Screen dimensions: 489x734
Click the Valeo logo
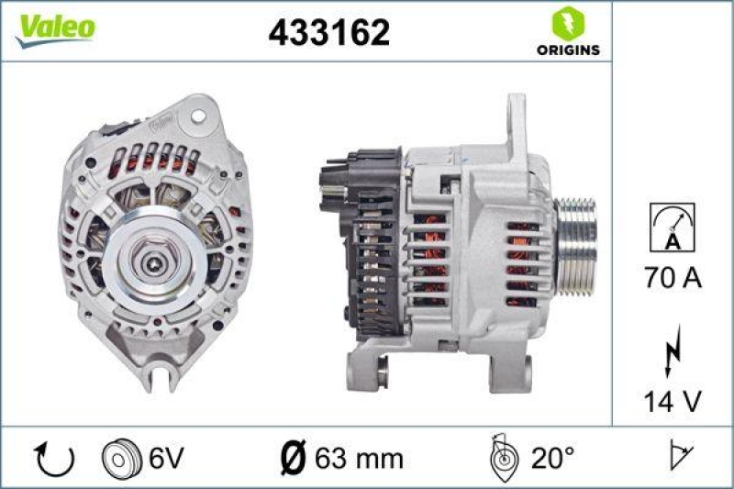(x=54, y=28)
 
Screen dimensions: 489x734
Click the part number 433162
(x=328, y=33)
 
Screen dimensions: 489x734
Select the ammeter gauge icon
(x=672, y=227)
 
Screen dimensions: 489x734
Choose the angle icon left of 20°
(x=503, y=457)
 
